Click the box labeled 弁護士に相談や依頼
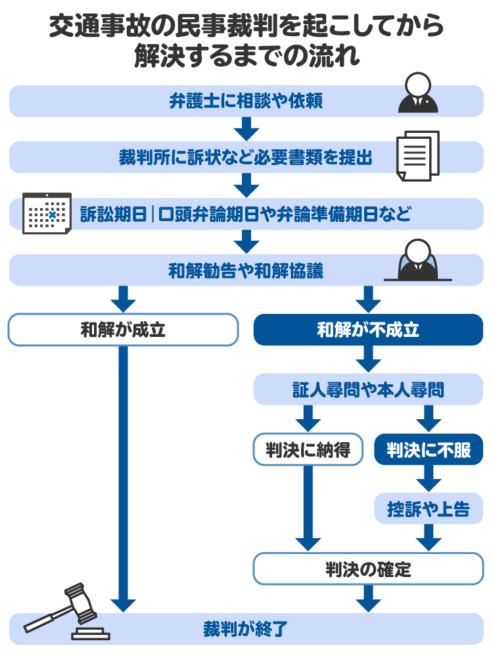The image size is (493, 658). coord(246,101)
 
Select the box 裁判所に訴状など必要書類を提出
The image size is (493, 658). coord(246,158)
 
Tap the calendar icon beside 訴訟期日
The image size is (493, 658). coord(47,213)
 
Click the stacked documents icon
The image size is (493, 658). coord(417,156)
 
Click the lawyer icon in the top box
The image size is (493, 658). coord(418,93)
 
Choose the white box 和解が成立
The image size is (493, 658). coord(123,330)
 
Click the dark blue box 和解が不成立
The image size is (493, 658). coord(368,330)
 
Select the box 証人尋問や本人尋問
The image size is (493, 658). coord(368,390)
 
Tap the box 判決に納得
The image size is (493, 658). coord(308,450)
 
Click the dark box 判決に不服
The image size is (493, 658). coord(429,450)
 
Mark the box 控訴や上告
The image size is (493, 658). coord(429,509)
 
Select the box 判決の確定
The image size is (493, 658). coord(368,569)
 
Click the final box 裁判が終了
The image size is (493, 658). coord(246,628)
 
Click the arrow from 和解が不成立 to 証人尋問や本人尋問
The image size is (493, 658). coord(368,359)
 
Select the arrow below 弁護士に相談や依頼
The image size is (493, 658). coord(246,129)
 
